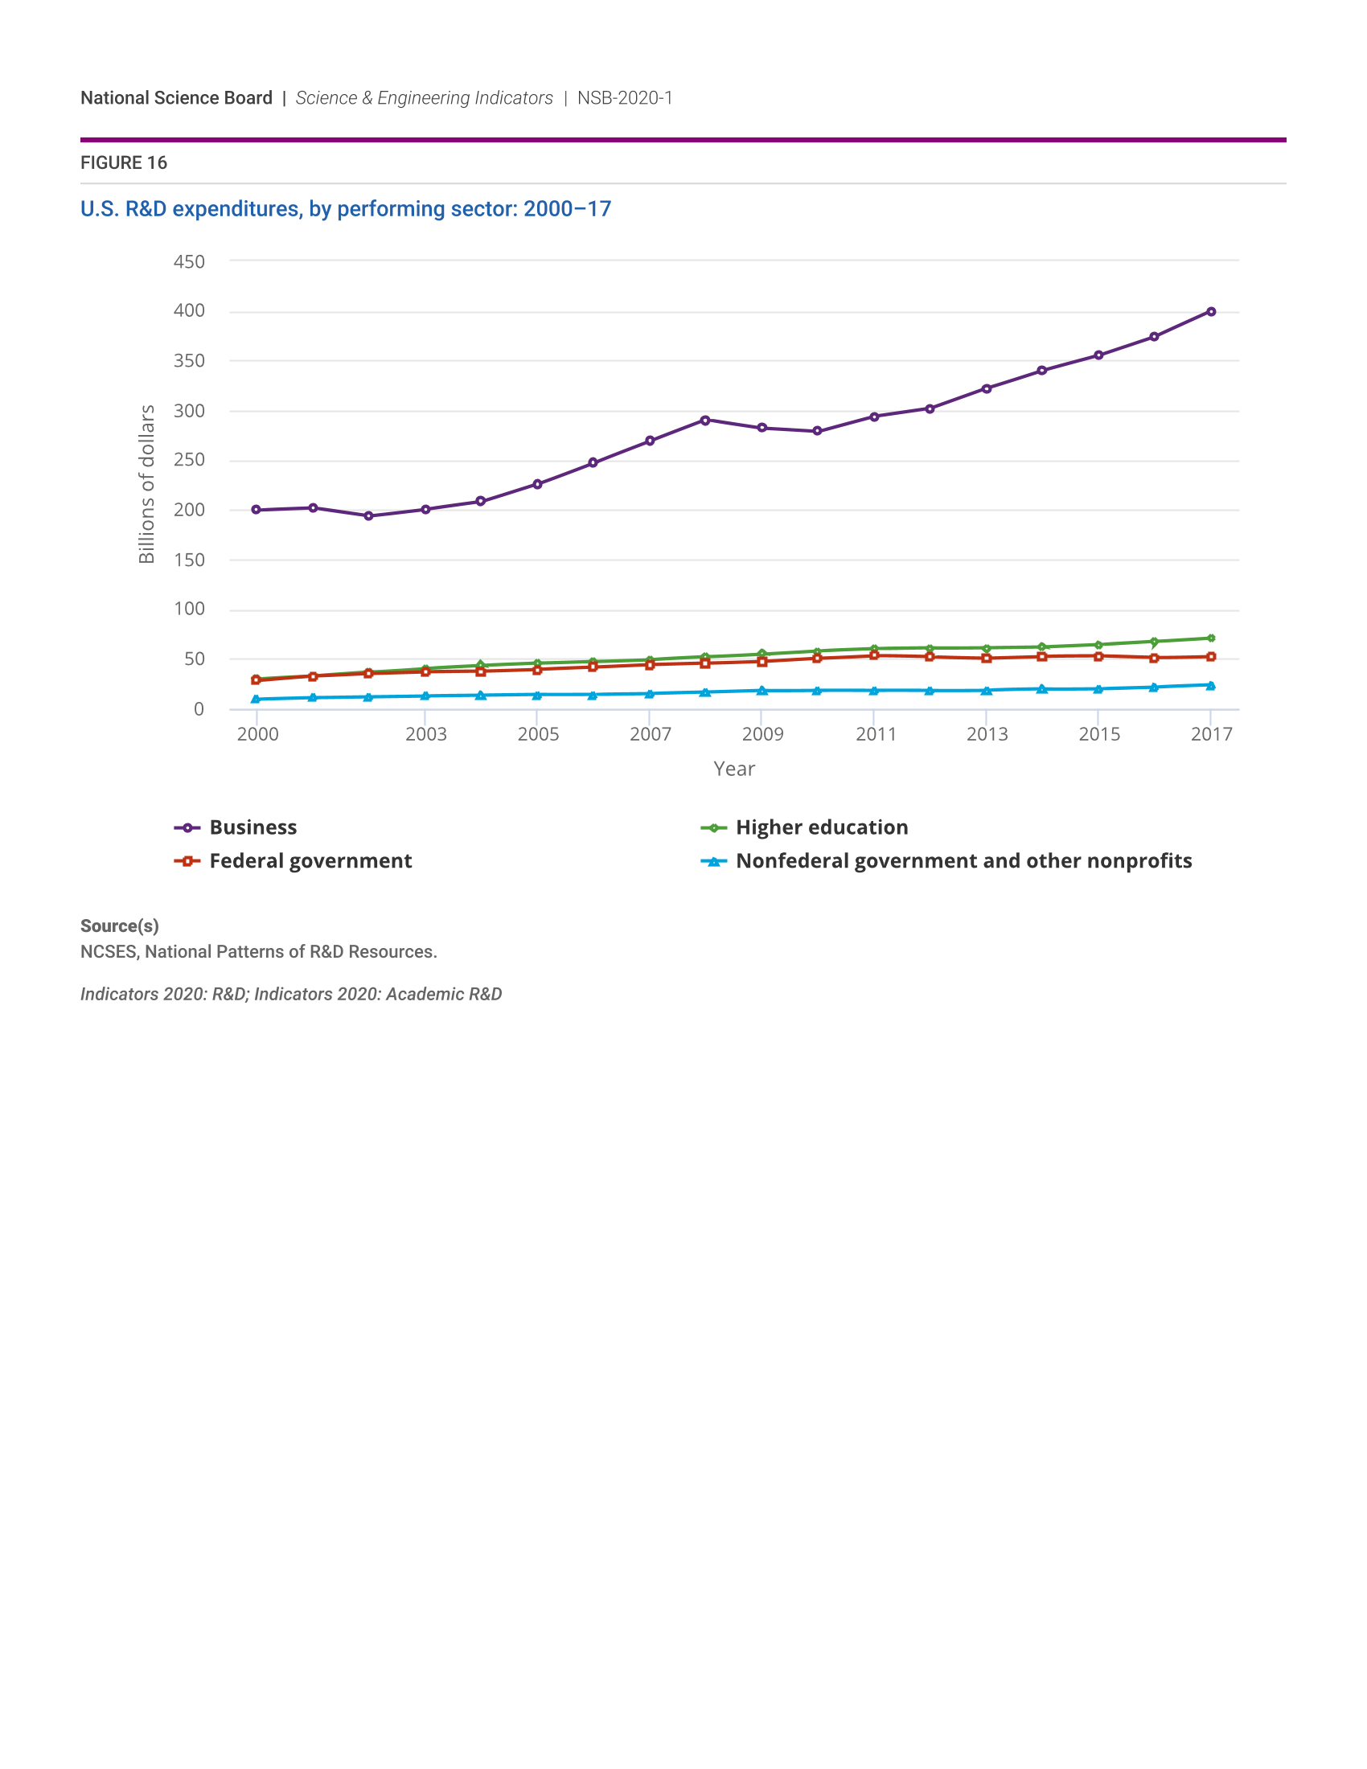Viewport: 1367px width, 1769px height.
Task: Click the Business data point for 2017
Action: pyautogui.click(x=1211, y=312)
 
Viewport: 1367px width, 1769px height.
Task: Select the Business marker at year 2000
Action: pyautogui.click(x=256, y=510)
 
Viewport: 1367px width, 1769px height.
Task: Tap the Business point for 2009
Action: pyautogui.click(x=762, y=428)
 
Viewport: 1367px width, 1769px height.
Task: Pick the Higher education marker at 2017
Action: pyautogui.click(x=1211, y=638)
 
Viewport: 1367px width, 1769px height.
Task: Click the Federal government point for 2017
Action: pyautogui.click(x=1211, y=657)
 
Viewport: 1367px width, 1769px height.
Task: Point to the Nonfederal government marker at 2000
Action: pyautogui.click(x=256, y=699)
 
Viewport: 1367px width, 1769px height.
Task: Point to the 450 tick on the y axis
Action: pyautogui.click(x=189, y=261)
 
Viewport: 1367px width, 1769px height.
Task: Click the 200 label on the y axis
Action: pyautogui.click(x=189, y=510)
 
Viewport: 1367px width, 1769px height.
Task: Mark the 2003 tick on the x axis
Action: pyautogui.click(x=426, y=734)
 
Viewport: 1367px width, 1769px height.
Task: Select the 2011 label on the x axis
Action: pyautogui.click(x=876, y=734)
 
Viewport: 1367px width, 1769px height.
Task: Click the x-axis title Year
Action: pyautogui.click(x=733, y=769)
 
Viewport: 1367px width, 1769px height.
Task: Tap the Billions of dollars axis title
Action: pyautogui.click(x=146, y=484)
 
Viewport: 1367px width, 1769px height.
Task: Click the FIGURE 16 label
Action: pyautogui.click(x=124, y=162)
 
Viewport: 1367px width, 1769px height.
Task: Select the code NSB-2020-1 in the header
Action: pyautogui.click(x=624, y=98)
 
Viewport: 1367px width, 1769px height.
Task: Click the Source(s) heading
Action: pyautogui.click(x=119, y=926)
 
